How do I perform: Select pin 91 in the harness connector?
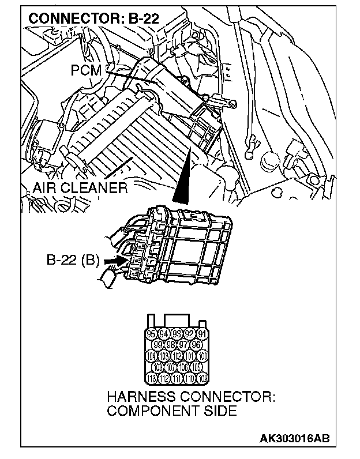202,334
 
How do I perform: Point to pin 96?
197,345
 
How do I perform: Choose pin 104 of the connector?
152,356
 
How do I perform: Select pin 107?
171,367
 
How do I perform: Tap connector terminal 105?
197,367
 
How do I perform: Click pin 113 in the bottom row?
152,378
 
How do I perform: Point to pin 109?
202,378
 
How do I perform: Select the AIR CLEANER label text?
79,189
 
